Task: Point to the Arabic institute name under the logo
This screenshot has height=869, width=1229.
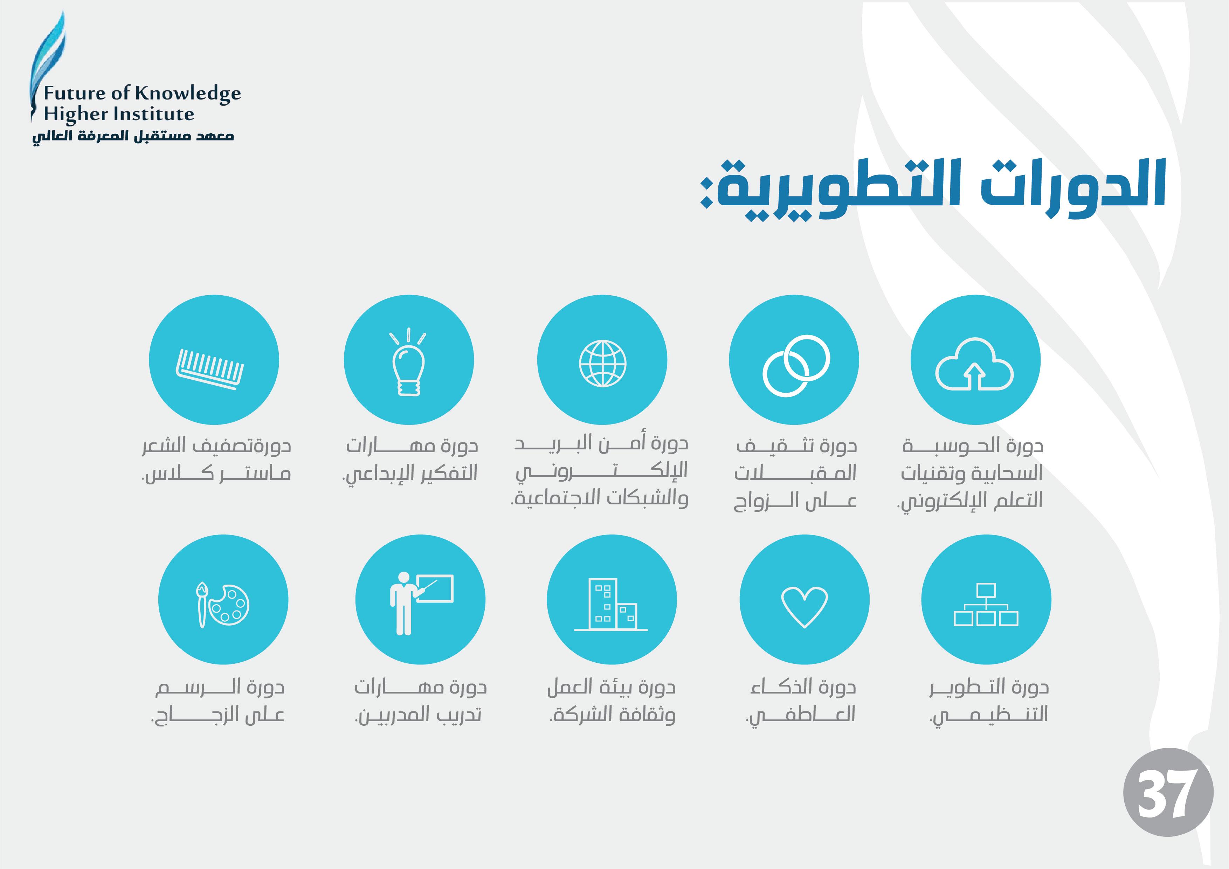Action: click(x=133, y=136)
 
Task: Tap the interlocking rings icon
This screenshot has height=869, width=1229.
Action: click(x=796, y=366)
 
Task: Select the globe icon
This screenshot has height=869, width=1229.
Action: click(x=603, y=364)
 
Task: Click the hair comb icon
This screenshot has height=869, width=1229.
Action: click(x=210, y=369)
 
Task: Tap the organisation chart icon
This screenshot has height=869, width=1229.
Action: click(x=986, y=605)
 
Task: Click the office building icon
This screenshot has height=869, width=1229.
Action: click(x=611, y=605)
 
